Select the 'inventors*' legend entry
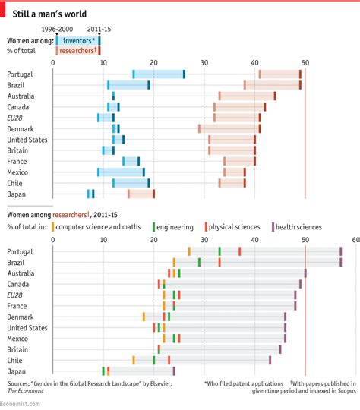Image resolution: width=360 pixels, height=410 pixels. point(78,39)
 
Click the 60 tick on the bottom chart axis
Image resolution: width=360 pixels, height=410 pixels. point(355,239)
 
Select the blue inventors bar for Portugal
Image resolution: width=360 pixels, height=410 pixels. point(159,74)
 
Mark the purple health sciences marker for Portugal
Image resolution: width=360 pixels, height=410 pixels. point(340,251)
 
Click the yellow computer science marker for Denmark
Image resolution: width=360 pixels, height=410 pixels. point(144,316)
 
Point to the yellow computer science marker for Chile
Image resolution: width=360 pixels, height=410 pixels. point(134,360)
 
